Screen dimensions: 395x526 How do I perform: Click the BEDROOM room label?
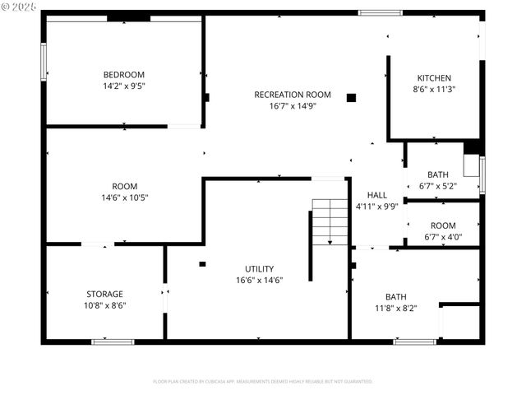[x=123, y=74]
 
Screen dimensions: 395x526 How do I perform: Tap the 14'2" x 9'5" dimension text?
[x=123, y=86]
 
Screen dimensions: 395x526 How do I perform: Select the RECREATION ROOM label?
[x=293, y=95]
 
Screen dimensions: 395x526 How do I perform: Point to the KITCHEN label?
[x=434, y=78]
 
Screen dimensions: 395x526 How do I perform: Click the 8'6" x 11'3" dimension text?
[x=434, y=90]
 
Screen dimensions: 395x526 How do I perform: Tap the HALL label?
[x=376, y=195]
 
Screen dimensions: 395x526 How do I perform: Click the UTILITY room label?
[x=259, y=269]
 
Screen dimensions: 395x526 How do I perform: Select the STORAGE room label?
[x=104, y=294]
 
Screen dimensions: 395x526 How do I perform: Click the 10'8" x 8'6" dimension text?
[x=104, y=305]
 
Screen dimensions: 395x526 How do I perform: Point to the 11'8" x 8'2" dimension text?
[x=395, y=309]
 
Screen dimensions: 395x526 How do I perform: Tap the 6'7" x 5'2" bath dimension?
[x=437, y=186]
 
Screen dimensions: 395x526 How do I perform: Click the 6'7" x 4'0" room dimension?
[x=442, y=237]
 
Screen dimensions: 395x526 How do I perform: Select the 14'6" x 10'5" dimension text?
[x=124, y=197]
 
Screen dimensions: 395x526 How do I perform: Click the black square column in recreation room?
[x=351, y=97]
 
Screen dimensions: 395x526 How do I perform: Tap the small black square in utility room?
[x=202, y=264]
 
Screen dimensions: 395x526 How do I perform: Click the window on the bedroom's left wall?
[x=44, y=62]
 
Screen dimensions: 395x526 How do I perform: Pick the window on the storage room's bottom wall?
[x=113, y=341]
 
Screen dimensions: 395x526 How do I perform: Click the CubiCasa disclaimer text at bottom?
[x=263, y=382]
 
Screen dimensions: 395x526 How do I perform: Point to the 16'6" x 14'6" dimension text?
[x=259, y=281]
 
